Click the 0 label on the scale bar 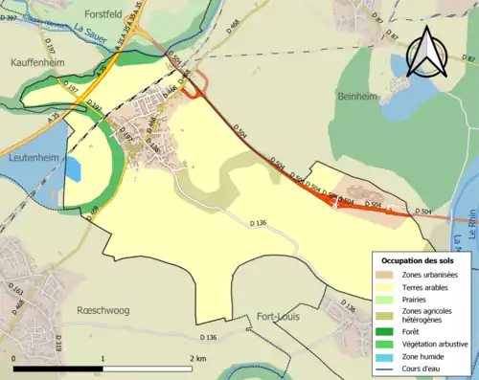(14, 358)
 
